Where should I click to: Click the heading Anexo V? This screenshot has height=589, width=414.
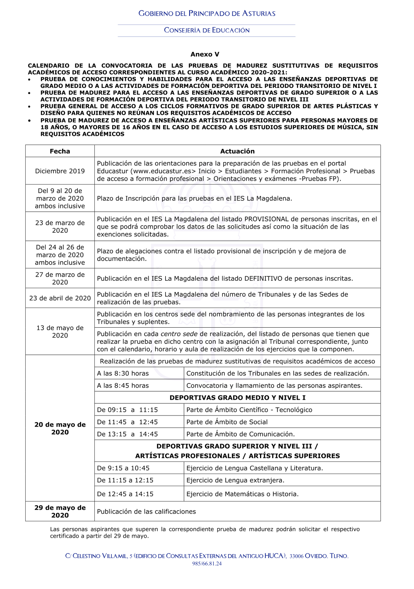coord(205,54)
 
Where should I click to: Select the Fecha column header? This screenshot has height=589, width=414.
coord(60,151)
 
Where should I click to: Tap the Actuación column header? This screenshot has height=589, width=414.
coord(237,151)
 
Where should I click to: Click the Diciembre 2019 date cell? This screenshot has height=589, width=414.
coord(60,171)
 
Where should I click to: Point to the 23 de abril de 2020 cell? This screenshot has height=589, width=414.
coord(60,298)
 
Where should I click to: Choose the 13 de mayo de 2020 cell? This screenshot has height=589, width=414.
coord(60,331)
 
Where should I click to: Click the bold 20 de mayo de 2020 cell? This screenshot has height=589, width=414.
coord(60,428)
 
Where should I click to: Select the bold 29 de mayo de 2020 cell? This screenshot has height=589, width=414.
coord(60,512)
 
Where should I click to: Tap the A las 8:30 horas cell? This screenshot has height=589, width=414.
coord(123,373)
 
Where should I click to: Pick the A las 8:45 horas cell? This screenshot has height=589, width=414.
coord(123,386)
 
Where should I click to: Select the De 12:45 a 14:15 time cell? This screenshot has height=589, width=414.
coord(125,494)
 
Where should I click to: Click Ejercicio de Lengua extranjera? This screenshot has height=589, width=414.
coord(235,480)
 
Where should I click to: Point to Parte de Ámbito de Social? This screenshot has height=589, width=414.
coord(227,422)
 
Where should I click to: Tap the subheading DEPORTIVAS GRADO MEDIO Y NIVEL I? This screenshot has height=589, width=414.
coord(237,398)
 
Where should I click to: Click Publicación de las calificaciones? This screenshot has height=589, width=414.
coord(146,512)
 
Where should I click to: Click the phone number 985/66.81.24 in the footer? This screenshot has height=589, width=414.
coord(207,564)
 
